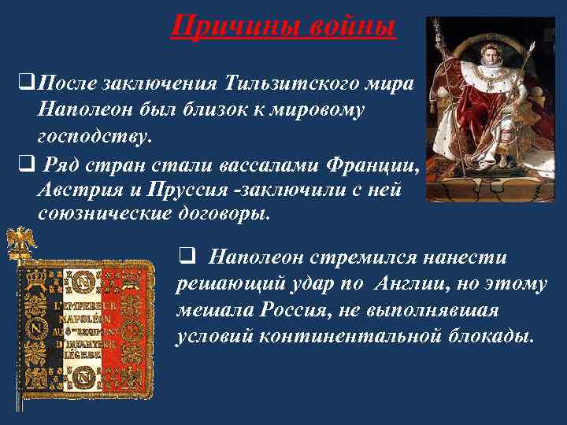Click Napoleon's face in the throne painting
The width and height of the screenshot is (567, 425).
(x=488, y=56)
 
